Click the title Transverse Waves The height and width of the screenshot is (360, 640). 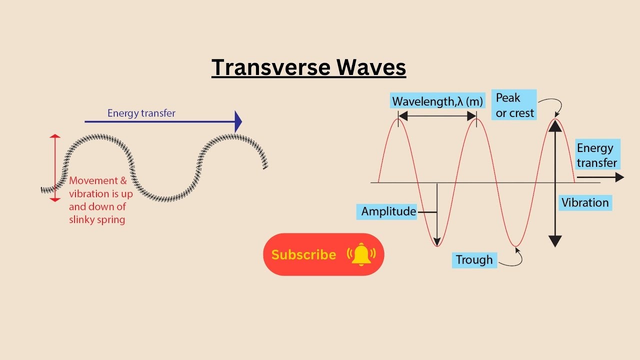[308, 67]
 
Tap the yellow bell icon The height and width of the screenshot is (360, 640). [361, 255]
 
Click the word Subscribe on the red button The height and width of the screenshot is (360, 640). [303, 255]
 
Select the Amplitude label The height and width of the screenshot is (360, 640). [388, 211]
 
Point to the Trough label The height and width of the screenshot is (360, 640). [474, 260]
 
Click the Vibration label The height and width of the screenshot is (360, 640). [585, 203]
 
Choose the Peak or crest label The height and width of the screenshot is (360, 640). [514, 105]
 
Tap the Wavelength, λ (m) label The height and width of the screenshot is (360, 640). [437, 101]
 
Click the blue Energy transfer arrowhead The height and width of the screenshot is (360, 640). [238, 121]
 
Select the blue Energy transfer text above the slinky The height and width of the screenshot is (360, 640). [141, 113]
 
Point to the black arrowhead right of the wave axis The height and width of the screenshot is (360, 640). [619, 177]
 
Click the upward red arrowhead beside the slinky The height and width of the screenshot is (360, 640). [55, 136]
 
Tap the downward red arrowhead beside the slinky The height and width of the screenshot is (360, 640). [55, 199]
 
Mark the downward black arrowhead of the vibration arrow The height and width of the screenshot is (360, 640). [555, 241]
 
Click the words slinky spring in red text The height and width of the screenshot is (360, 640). [97, 219]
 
